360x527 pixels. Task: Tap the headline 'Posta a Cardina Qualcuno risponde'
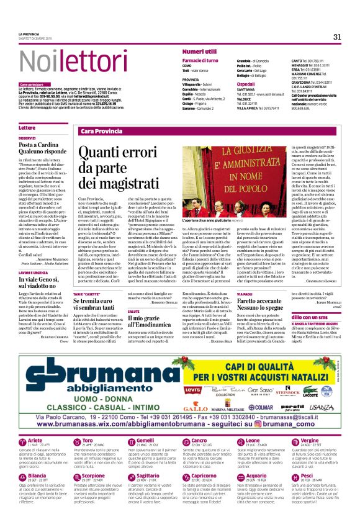pyautogui.click(x=42, y=147)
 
